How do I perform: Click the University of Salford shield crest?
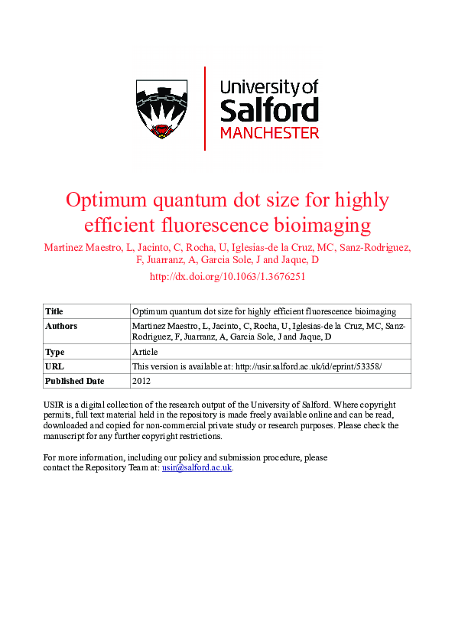point(161,109)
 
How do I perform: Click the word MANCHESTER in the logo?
point(269,133)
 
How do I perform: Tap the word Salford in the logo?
point(269,110)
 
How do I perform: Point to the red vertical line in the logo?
point(205,108)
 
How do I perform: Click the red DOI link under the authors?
point(227,277)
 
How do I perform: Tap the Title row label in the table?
point(54,311)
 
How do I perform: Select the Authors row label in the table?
point(61,326)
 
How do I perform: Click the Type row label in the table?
point(55,352)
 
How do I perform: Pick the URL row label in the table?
point(54,366)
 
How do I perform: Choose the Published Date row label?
point(74,381)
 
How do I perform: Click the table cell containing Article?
point(145,352)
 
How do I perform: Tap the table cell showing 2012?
point(142,381)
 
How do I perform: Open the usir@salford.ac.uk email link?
point(197,467)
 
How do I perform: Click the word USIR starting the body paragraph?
point(55,404)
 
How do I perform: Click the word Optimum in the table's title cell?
point(149,311)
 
